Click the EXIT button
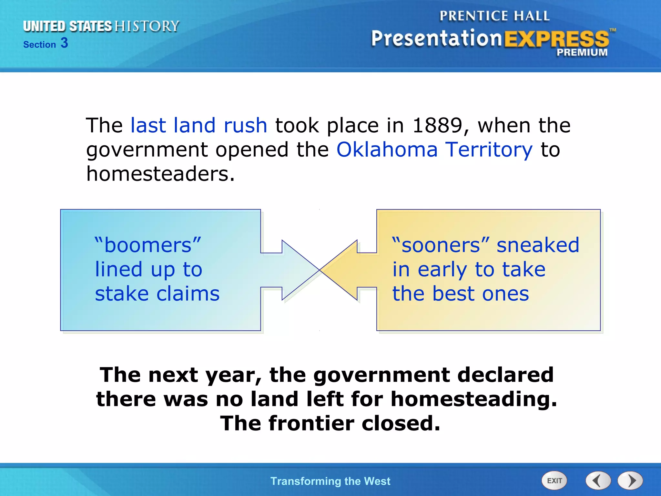pos(554,480)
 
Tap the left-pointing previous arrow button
pos(598,480)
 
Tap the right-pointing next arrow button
pos(630,480)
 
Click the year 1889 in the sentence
pos(438,125)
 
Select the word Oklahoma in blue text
pos(387,150)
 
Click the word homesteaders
pos(160,174)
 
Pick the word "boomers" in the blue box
pos(148,245)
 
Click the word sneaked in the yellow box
pos(538,245)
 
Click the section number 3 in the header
pos(64,43)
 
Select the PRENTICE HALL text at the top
pos(494,16)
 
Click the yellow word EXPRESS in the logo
pos(556,39)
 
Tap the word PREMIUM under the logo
pos(582,52)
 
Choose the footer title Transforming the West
pos(330,481)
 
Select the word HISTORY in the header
pos(147,26)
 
